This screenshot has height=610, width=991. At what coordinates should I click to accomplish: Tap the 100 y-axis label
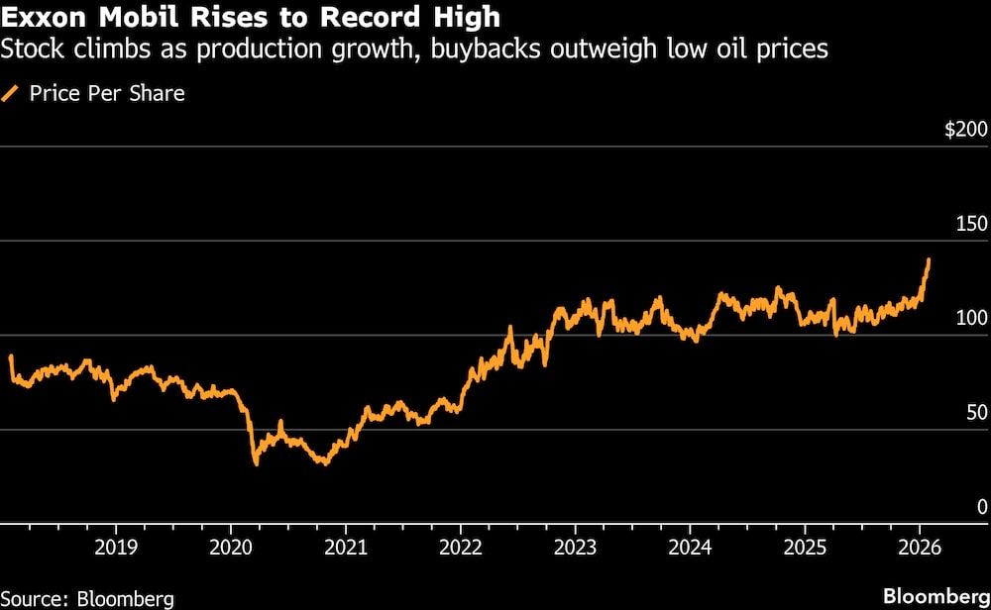click(971, 318)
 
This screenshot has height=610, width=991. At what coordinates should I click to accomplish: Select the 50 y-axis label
click(976, 412)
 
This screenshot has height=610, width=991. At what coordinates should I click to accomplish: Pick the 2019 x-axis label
click(116, 546)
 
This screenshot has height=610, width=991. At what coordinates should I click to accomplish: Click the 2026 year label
click(919, 546)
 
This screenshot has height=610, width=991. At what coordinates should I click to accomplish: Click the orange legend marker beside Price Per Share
click(12, 94)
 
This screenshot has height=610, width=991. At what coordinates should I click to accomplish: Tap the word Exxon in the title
click(42, 17)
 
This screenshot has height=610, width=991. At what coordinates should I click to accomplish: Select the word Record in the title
click(324, 17)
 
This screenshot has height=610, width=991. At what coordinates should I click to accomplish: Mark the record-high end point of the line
click(929, 259)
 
